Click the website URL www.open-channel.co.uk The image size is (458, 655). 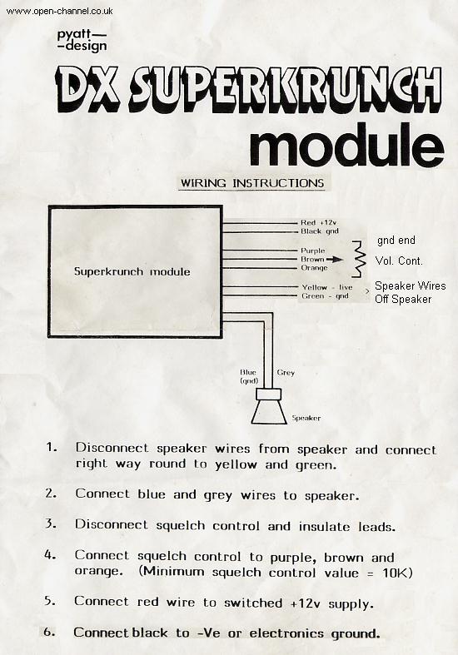(58, 12)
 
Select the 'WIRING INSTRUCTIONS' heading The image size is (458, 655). (252, 182)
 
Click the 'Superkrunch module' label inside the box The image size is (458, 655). (132, 271)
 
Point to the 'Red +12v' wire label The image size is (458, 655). (320, 223)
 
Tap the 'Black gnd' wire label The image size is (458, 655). (320, 231)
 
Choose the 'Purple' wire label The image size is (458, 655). (313, 251)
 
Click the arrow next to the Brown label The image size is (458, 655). (337, 260)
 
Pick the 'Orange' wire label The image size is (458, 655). (314, 268)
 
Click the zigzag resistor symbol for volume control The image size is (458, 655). (358, 260)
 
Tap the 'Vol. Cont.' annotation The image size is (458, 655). (399, 261)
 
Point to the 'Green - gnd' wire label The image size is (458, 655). (324, 295)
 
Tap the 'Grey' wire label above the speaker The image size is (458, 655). (285, 372)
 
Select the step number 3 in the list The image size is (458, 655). (51, 524)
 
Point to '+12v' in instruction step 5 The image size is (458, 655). (307, 601)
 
